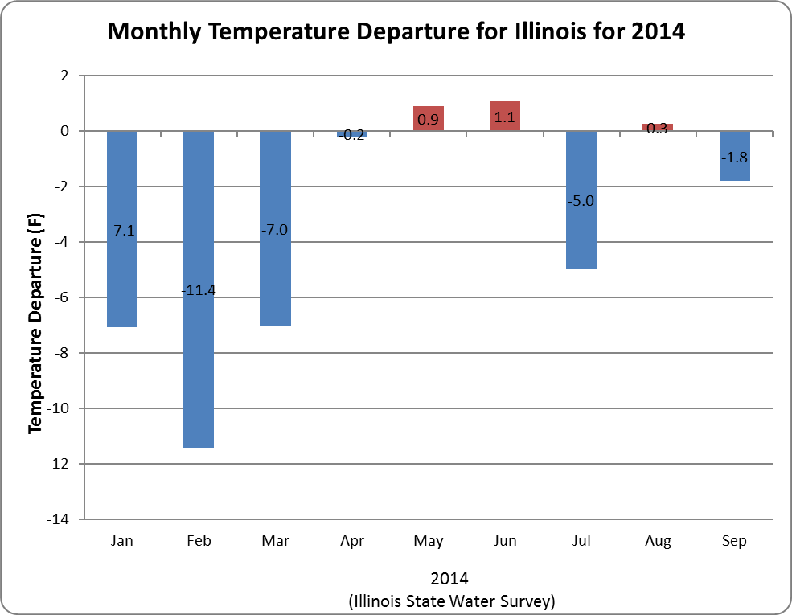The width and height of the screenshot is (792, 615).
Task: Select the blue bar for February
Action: pos(199,362)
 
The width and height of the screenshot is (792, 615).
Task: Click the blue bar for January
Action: pos(122,273)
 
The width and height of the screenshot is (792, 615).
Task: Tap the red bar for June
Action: pos(505,116)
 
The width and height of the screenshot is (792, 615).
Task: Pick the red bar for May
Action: pos(429,118)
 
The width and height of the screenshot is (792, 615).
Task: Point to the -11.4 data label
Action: pos(199,289)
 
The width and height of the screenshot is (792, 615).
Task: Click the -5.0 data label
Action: pos(581,201)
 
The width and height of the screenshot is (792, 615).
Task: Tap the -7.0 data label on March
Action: pos(275,230)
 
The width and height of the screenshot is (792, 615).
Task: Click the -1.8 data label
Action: pos(734,158)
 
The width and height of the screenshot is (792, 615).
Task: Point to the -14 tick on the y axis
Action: pos(61,519)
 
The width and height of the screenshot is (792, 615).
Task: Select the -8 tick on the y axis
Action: pos(64,353)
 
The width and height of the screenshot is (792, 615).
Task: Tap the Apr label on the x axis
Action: pos(352,541)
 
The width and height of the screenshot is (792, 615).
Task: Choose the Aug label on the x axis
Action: pos(658,541)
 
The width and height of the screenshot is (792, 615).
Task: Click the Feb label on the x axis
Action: pos(199,541)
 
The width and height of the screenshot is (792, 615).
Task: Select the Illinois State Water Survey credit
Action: pos(451,601)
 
